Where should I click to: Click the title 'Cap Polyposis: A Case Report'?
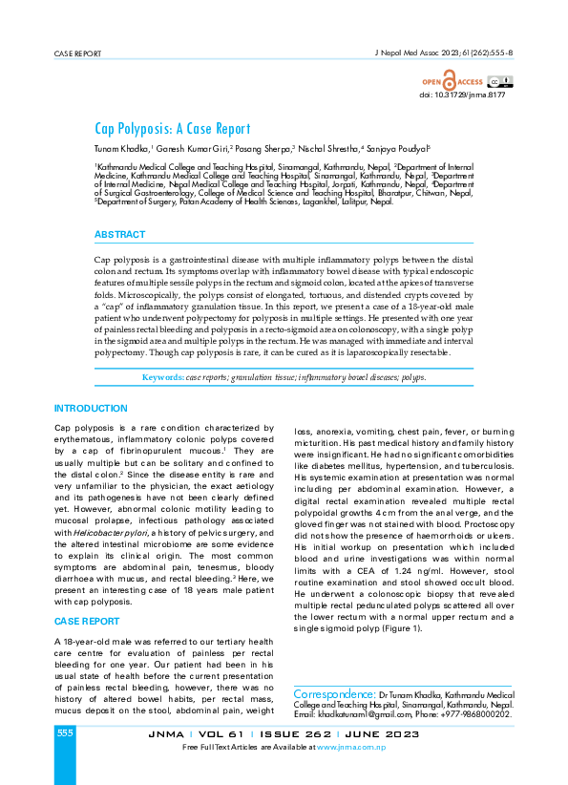(x=172, y=129)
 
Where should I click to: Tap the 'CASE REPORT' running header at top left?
(x=77, y=53)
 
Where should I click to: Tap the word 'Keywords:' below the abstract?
(x=162, y=378)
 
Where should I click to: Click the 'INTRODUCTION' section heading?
(x=92, y=408)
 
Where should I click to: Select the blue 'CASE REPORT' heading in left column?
(x=87, y=621)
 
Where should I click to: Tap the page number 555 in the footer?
(x=64, y=732)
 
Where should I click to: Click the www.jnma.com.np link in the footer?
(x=350, y=746)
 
